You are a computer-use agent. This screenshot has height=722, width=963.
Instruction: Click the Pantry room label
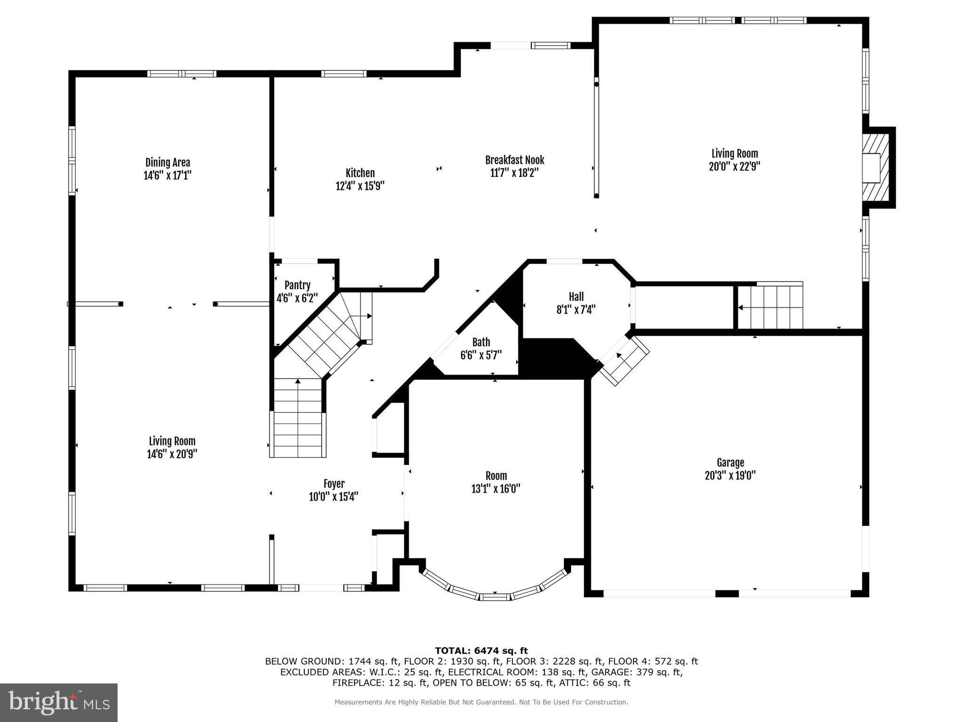297,285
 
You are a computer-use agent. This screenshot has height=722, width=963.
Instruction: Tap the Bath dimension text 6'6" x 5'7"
481,355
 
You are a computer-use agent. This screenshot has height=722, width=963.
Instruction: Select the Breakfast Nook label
514,160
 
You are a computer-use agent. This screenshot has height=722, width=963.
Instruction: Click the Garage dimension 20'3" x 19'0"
730,476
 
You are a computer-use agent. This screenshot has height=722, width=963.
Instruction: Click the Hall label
576,297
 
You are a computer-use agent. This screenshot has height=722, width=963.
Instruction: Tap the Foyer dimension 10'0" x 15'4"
333,497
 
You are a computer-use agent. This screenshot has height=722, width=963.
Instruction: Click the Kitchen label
360,173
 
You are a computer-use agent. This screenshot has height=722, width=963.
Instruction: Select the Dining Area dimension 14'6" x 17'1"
167,176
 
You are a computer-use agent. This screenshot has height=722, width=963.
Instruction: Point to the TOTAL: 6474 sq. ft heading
481,651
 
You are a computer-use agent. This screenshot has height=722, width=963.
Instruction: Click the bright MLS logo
59,702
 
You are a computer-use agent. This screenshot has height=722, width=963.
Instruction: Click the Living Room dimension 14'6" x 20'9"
172,454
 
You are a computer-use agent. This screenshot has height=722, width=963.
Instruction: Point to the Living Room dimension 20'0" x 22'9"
734,166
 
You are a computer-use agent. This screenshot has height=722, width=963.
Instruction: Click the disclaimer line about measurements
481,702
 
